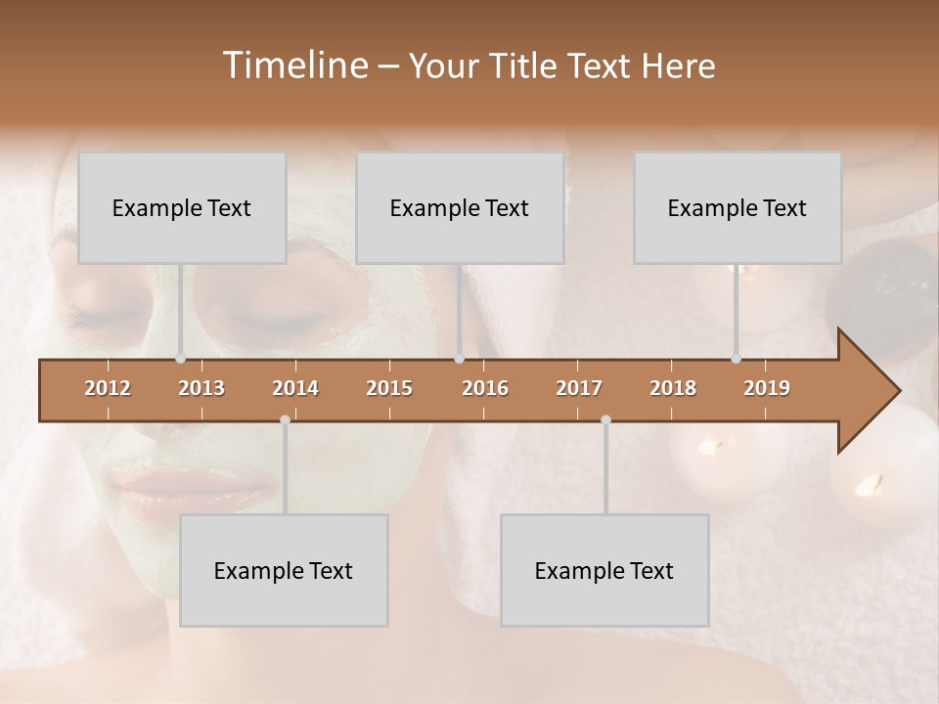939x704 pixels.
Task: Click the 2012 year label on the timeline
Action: point(108,388)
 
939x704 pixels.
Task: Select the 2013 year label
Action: point(201,388)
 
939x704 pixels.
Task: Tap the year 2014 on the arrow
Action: point(295,388)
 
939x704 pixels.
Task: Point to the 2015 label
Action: point(389,388)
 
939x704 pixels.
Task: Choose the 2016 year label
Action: point(485,388)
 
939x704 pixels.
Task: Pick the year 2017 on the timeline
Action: point(579,388)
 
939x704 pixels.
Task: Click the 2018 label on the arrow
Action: point(673,388)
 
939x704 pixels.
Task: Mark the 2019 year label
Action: point(767,388)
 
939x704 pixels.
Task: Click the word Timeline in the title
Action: point(293,66)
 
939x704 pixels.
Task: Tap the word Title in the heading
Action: point(522,66)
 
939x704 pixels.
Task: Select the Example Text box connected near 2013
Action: point(182,207)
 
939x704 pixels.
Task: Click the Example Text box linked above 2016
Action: point(460,207)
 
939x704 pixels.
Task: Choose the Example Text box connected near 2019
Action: point(738,207)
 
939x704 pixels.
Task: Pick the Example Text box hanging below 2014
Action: point(284,570)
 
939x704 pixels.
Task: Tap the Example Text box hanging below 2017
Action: point(604,570)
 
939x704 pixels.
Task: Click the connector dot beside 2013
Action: point(181,359)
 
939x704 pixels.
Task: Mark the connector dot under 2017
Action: point(605,420)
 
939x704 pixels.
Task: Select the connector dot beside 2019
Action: point(737,359)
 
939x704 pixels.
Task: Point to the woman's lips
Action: point(147,505)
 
